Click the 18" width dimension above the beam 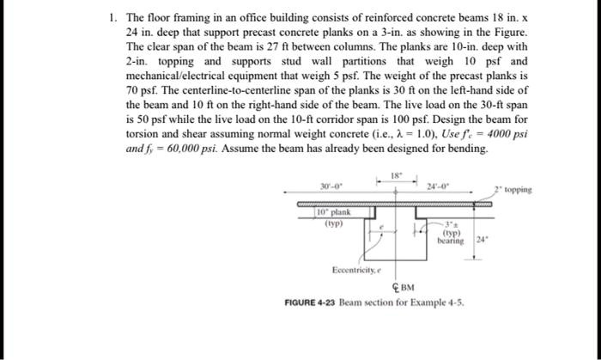[x=396, y=174]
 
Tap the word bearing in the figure [x=450, y=241]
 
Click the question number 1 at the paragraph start [x=112, y=16]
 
